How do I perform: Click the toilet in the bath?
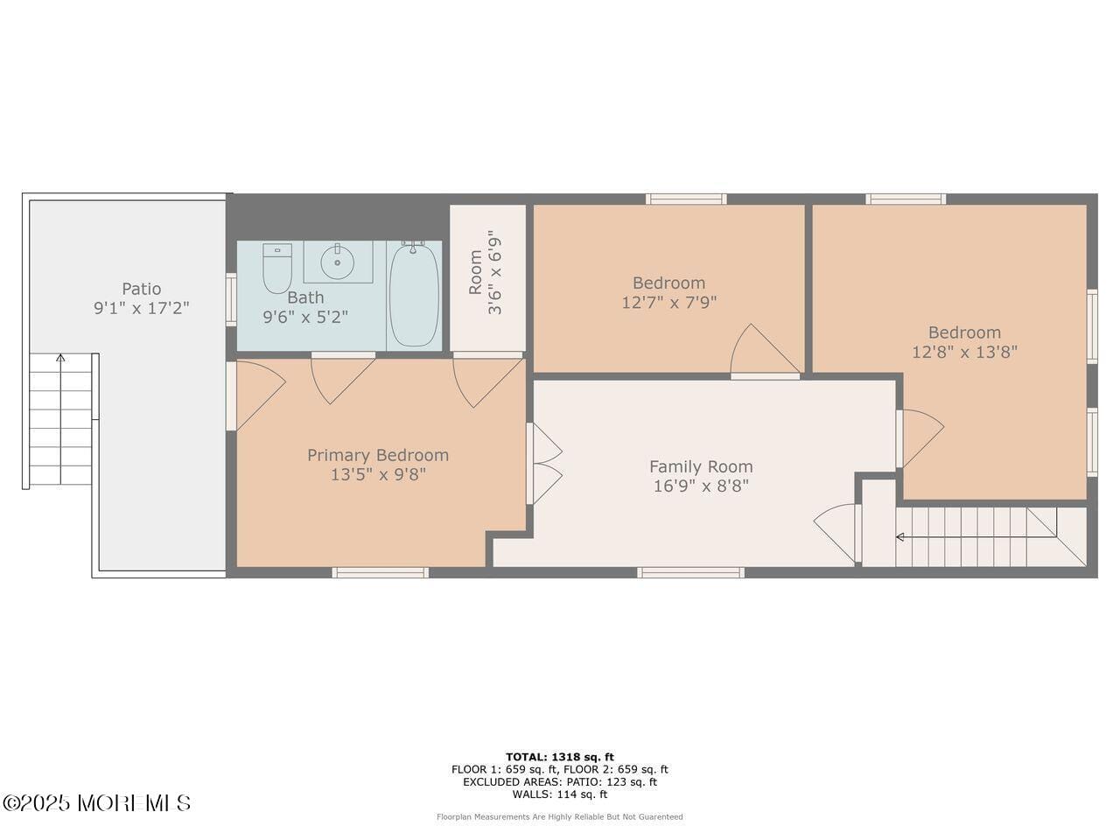277,268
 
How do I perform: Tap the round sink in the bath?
337,261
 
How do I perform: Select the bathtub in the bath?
415,295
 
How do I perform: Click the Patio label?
141,289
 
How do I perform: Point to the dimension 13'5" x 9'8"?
378,475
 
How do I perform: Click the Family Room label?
700,466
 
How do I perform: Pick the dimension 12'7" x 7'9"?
668,303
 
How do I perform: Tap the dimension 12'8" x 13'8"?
964,353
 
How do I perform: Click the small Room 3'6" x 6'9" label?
486,271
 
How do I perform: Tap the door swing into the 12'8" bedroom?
920,437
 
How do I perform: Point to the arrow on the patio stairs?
60,358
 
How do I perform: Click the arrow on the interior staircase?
901,536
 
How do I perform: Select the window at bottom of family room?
690,572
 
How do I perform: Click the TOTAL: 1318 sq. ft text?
560,757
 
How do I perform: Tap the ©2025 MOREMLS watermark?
96,802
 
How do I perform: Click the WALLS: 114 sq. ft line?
560,794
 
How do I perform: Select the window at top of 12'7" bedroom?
685,199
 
